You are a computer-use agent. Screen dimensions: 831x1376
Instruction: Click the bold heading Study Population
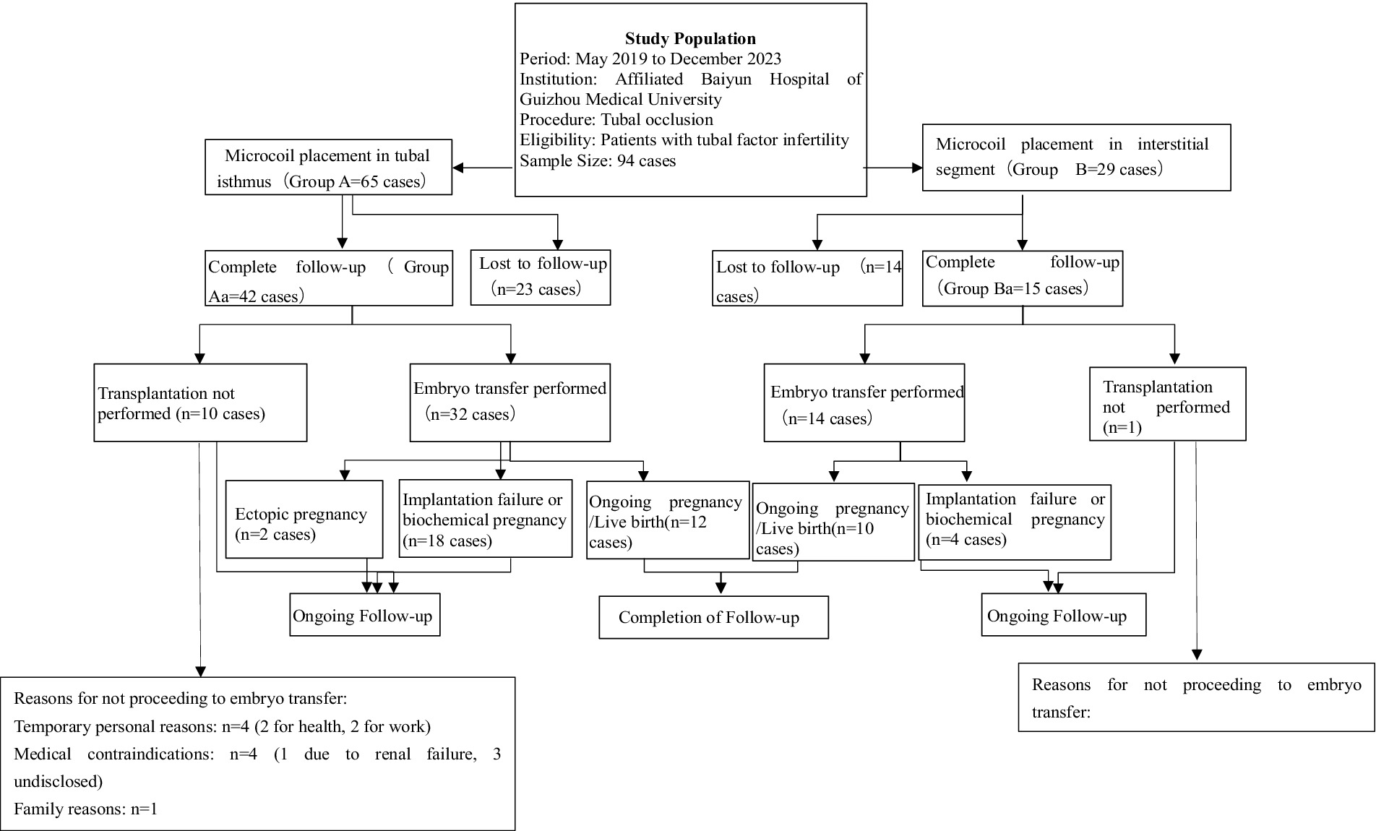[690, 39]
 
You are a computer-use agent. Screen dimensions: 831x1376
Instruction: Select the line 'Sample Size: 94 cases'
[598, 161]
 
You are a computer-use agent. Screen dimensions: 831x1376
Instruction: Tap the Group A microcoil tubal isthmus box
[328, 168]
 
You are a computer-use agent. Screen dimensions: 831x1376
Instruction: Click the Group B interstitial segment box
[1076, 158]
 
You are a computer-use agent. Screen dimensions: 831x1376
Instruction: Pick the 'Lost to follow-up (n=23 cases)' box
[541, 277]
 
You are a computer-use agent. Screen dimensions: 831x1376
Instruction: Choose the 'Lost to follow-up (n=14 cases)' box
[807, 279]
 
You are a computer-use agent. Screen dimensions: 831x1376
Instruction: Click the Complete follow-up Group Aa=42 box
[329, 279]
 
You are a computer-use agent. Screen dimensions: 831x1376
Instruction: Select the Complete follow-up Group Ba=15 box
[1023, 277]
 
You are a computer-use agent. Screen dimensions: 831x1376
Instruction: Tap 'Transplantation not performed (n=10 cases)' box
[200, 403]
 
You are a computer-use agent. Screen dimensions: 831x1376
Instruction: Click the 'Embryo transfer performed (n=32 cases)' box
[509, 402]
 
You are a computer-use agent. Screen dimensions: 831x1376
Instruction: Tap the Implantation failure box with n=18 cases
[485, 520]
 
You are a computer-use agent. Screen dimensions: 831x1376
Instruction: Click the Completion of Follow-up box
[713, 618]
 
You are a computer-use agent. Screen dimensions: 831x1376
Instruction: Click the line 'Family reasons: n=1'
[85, 809]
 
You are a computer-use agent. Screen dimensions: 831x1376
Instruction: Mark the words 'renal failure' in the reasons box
[420, 754]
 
